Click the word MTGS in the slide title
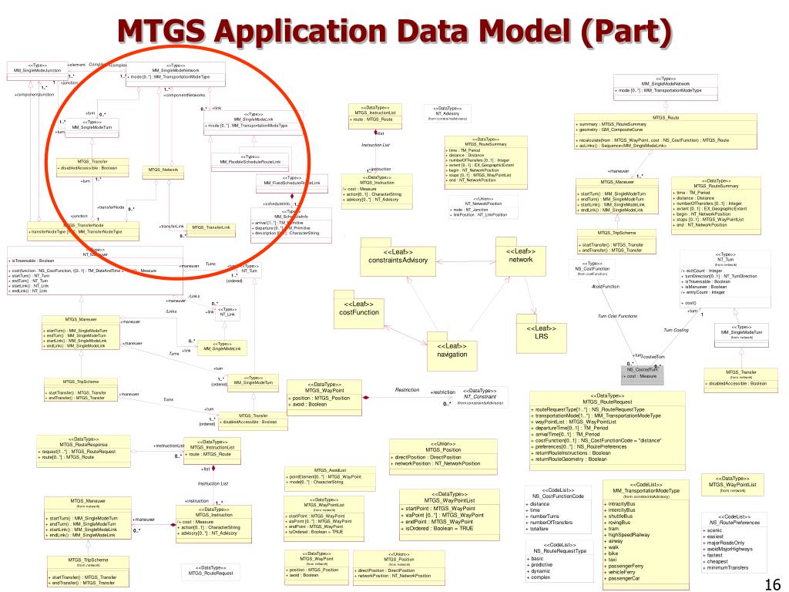click(x=164, y=32)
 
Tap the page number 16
click(x=771, y=583)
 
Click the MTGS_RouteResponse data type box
click(x=79, y=448)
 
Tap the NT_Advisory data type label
click(x=448, y=113)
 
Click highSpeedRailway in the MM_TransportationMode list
click(x=629, y=534)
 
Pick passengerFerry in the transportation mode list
click(x=627, y=566)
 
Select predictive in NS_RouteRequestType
click(x=543, y=564)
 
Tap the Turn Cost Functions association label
click(x=617, y=317)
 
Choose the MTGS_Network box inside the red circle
click(x=163, y=169)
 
